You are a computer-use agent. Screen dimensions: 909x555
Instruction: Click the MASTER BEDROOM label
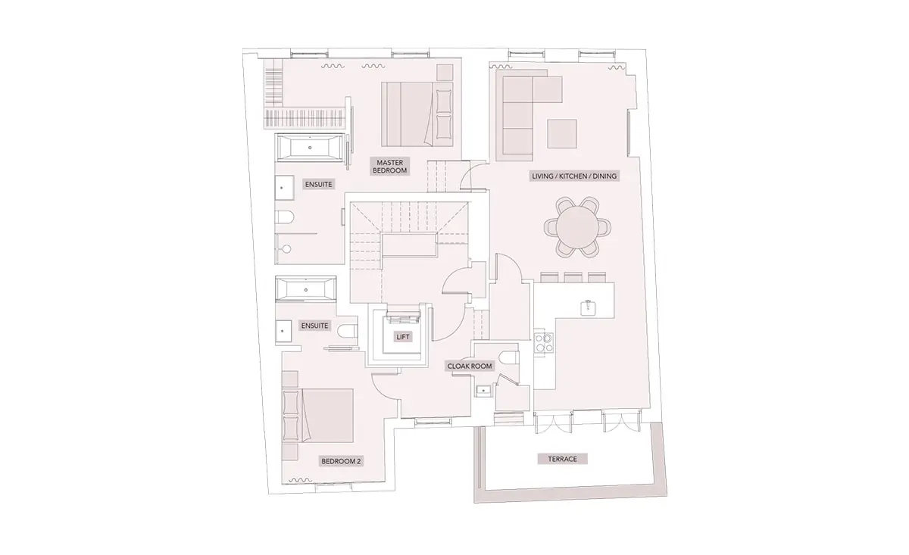pos(389,167)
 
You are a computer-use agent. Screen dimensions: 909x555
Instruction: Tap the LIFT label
pos(403,337)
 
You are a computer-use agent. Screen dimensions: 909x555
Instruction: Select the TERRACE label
pos(562,459)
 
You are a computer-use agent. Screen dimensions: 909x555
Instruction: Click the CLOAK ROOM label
pos(470,366)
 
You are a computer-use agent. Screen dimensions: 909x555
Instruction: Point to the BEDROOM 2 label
pos(341,461)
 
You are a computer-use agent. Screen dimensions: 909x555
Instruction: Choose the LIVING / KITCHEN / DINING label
pos(574,176)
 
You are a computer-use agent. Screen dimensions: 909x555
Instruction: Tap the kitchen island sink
pos(588,307)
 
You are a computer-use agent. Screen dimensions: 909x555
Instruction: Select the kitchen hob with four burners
pos(543,342)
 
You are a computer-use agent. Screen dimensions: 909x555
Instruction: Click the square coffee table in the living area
pos(562,133)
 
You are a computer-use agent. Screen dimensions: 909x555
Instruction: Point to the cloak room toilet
pos(508,358)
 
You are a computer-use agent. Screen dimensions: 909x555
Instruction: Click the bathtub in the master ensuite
pos(310,148)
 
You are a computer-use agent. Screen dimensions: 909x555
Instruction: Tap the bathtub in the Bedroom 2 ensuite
pos(305,289)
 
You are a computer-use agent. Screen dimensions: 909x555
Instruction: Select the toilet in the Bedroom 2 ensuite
pos(348,331)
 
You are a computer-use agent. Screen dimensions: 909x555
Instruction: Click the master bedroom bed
pos(417,114)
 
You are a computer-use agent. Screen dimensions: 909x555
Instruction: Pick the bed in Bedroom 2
pos(317,416)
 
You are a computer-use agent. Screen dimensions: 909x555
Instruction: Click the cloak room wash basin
pos(483,390)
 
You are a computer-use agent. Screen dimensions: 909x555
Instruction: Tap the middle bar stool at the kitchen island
pos(573,277)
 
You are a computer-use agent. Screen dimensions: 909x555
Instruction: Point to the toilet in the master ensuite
pos(285,217)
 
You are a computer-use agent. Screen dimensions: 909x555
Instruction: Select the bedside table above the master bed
pos(445,73)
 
